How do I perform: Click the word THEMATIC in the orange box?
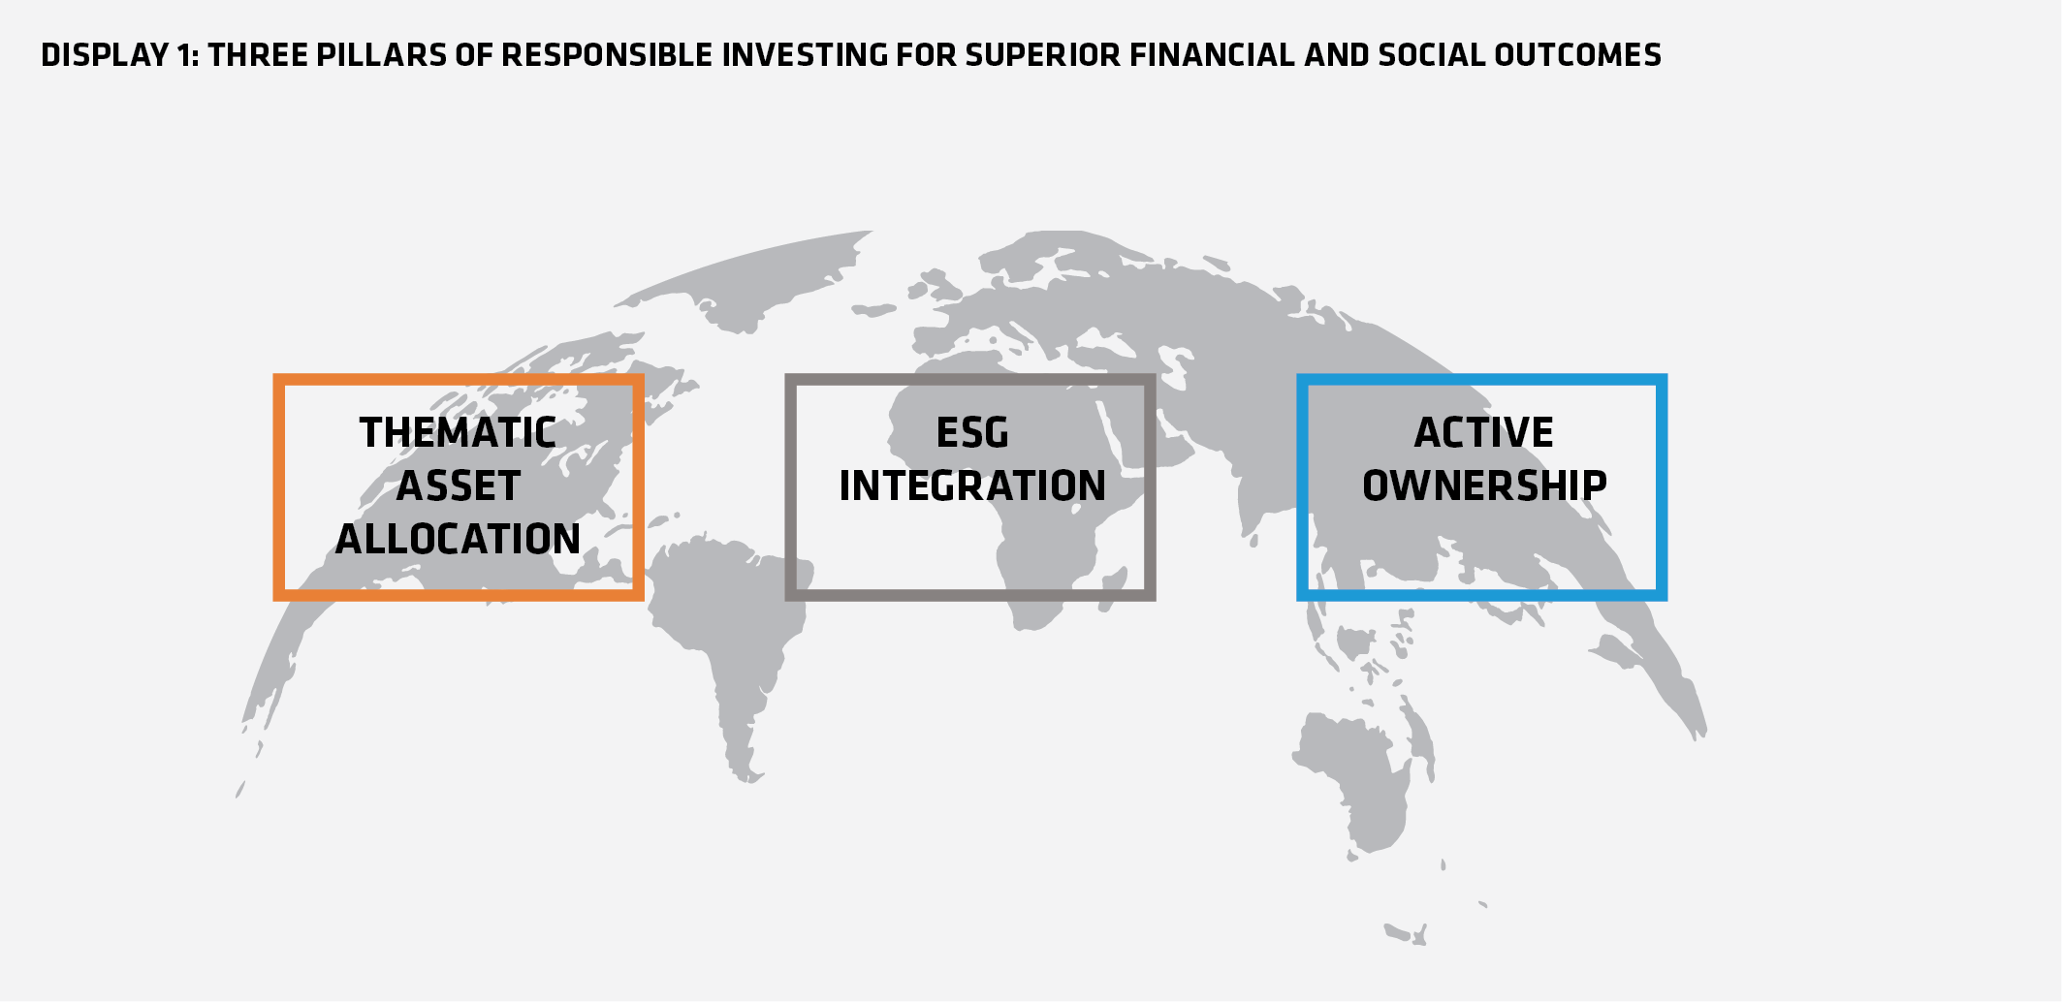(458, 432)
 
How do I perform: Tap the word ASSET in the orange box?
(459, 485)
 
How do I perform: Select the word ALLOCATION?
(458, 539)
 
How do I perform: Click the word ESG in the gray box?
(972, 432)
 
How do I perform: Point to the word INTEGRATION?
(972, 485)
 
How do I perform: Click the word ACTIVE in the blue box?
(1483, 432)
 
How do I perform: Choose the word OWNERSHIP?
(1484, 485)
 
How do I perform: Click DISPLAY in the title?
(105, 55)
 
